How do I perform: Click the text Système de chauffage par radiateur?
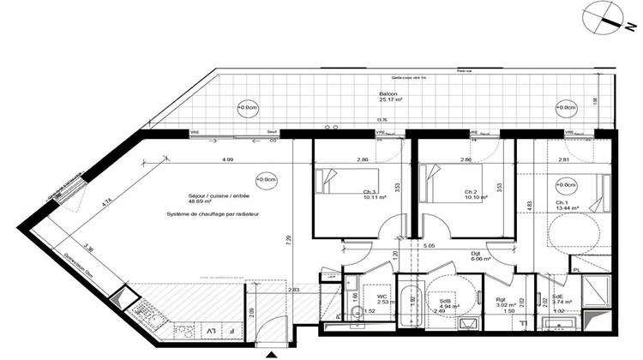pyautogui.click(x=213, y=213)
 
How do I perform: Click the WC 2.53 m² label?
pyautogui.click(x=381, y=299)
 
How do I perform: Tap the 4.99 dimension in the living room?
pyautogui.click(x=228, y=160)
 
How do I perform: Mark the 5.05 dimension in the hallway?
pyautogui.click(x=434, y=246)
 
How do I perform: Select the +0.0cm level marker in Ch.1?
pyautogui.click(x=567, y=184)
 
